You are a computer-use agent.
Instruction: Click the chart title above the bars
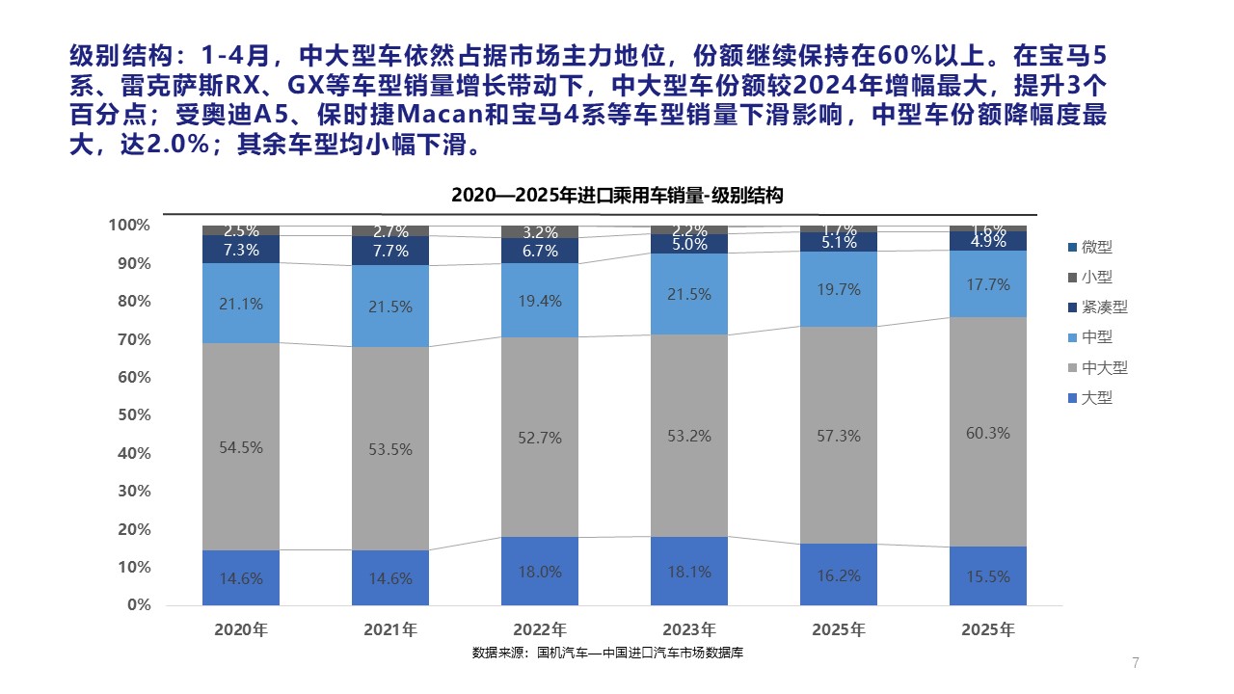(617, 195)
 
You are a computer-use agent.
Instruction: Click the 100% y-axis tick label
(129, 226)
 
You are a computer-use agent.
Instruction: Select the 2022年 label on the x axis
(540, 630)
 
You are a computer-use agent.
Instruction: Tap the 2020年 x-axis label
(241, 630)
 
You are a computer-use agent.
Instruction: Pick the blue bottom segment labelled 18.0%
(540, 572)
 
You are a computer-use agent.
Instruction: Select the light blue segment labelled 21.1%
(241, 303)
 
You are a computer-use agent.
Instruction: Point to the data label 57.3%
(838, 437)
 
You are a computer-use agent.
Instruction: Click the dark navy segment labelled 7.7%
(390, 252)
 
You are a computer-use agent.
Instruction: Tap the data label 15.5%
(987, 577)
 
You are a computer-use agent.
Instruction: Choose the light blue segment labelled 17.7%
(987, 285)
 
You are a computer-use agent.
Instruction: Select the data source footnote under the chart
(607, 654)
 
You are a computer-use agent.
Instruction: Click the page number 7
(1136, 662)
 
